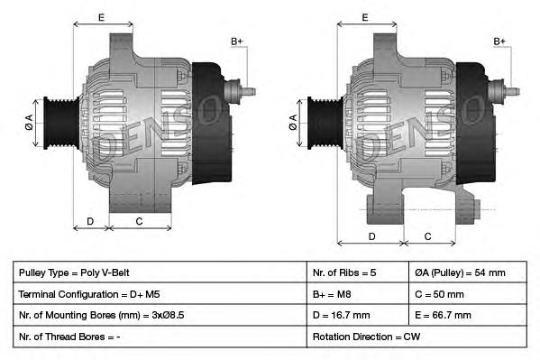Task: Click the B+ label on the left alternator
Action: click(236, 42)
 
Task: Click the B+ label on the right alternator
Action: click(500, 42)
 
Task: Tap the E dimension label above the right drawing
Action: click(365, 17)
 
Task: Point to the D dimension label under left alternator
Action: click(90, 220)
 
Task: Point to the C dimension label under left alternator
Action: click(139, 220)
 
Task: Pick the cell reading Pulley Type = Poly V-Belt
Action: click(80, 272)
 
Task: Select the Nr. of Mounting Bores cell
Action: click(106, 316)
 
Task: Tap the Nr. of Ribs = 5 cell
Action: click(345, 272)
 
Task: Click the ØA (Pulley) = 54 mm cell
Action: click(460, 272)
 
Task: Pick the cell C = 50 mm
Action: click(440, 294)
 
